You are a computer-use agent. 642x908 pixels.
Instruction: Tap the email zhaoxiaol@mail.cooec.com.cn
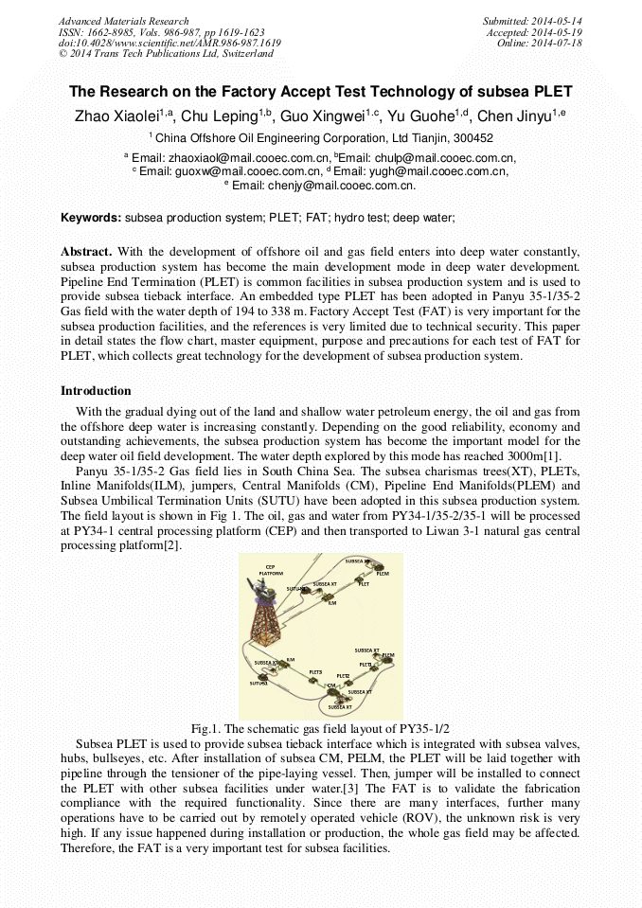[248, 158]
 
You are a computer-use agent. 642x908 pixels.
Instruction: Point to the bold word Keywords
[91, 218]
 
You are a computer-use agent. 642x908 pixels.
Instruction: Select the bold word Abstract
[86, 251]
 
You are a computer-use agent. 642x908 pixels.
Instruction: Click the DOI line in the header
[169, 44]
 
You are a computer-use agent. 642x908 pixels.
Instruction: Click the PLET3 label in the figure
[315, 671]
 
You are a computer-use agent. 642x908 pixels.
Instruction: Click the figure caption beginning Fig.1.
[320, 728]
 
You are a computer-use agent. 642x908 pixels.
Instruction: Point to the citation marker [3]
[372, 789]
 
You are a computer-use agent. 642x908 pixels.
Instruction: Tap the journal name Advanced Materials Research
[123, 21]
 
